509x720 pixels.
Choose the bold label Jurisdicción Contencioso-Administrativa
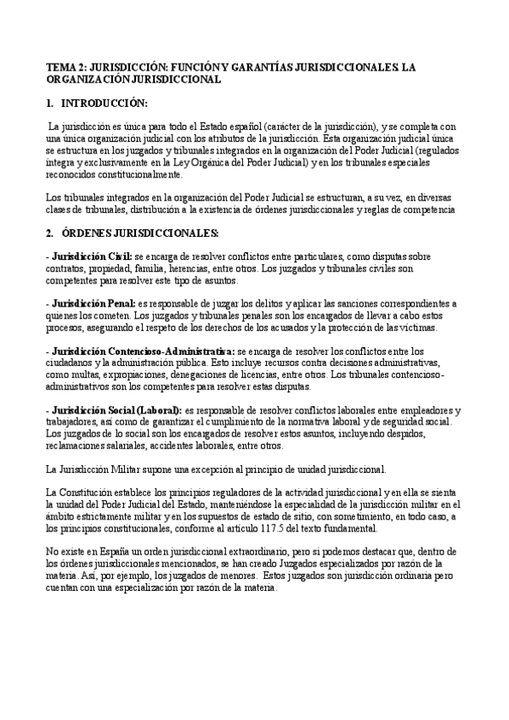[x=144, y=350]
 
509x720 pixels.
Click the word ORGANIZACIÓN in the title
[x=96, y=79]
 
